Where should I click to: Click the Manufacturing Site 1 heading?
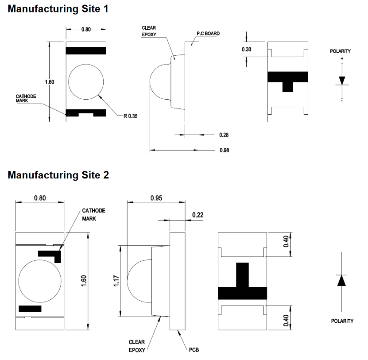pos(58,8)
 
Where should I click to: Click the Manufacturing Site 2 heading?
pos(58,175)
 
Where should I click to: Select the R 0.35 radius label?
pos(130,116)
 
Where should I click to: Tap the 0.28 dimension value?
pos(224,135)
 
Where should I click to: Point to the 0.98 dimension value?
pos(224,151)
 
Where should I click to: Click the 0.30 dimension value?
pos(246,49)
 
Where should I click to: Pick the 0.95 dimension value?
pos(155,198)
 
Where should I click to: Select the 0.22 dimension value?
pos(198,215)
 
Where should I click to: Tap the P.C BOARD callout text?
pos(208,34)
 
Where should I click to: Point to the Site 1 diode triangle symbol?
pos(342,81)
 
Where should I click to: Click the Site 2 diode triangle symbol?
pos(341,281)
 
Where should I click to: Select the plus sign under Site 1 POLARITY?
pos(342,58)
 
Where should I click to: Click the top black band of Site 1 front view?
pos(86,50)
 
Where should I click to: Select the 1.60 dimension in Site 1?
pos(50,82)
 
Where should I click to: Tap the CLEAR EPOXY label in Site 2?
pos(137,345)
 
